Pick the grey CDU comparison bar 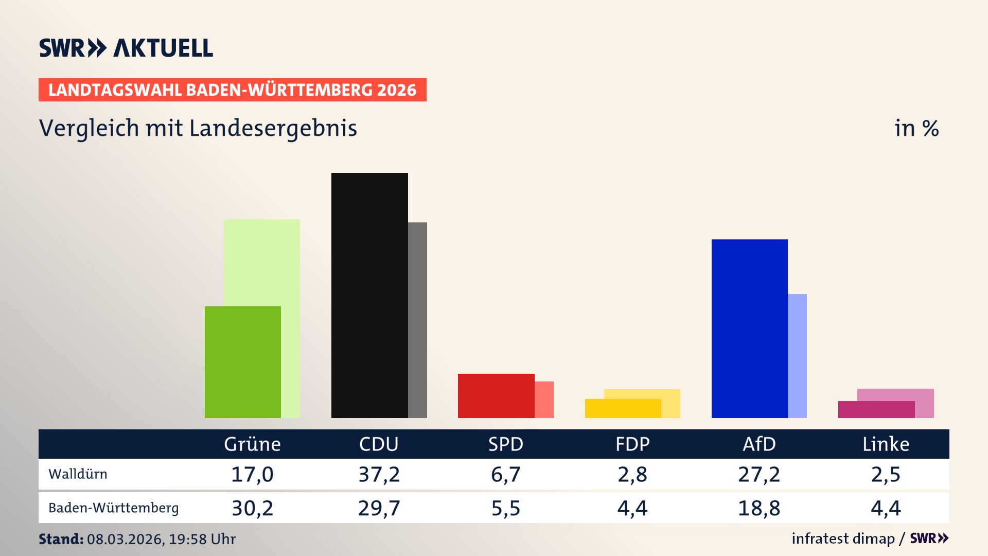tap(417, 320)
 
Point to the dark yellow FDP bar tap(623, 408)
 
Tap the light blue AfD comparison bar tap(797, 356)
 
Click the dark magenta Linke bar tap(876, 409)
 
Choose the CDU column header tap(379, 444)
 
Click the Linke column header tap(886, 444)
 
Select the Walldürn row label tap(78, 474)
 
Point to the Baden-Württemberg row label tap(113, 508)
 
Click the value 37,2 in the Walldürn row tap(379, 474)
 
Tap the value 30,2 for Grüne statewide tap(252, 508)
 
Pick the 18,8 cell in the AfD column tap(759, 508)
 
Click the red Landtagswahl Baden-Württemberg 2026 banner tap(232, 90)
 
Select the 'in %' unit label tap(916, 129)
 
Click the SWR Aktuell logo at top tap(126, 48)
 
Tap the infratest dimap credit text tap(843, 538)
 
